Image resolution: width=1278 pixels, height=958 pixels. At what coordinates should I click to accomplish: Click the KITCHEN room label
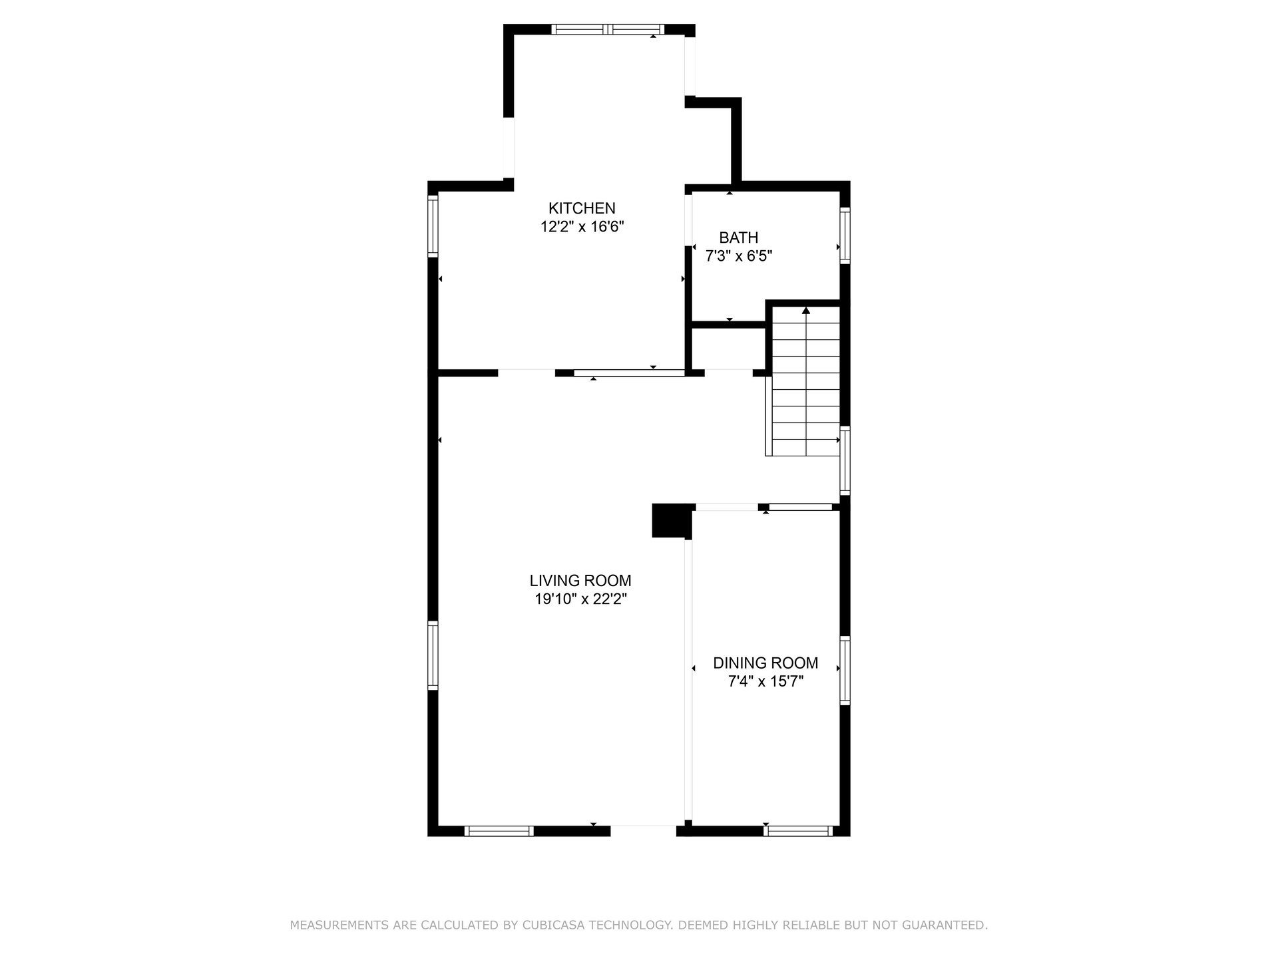(582, 208)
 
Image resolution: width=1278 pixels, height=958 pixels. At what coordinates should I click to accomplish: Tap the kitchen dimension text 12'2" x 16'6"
(582, 227)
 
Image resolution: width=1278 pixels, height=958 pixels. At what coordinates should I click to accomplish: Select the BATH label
(739, 238)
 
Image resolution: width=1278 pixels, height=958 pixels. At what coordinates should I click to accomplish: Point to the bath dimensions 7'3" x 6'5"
(739, 256)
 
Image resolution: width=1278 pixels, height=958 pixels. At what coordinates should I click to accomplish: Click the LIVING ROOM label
(580, 581)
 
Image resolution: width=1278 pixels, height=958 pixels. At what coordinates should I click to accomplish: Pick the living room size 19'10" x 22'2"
(581, 599)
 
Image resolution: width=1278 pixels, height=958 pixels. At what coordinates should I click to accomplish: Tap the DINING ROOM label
(765, 663)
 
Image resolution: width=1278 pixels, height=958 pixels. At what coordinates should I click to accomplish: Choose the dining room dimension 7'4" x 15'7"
(765, 682)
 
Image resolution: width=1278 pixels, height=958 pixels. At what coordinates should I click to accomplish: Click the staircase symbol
(803, 382)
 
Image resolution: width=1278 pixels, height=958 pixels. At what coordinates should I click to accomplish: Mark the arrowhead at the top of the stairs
(806, 310)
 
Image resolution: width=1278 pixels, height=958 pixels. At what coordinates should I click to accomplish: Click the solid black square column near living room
(672, 520)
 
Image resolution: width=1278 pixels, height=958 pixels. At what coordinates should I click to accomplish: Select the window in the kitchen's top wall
(608, 29)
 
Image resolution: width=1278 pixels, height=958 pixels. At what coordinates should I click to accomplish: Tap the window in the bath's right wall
(845, 235)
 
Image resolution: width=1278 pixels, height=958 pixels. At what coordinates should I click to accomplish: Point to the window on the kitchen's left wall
(433, 226)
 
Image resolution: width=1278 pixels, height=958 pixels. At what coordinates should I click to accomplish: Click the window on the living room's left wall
(433, 655)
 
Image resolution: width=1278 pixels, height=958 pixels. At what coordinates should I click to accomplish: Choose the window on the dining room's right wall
(845, 671)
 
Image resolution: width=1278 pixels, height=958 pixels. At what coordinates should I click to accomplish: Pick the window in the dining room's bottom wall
(798, 831)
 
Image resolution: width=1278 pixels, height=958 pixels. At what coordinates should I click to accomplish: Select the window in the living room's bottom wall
(499, 831)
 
